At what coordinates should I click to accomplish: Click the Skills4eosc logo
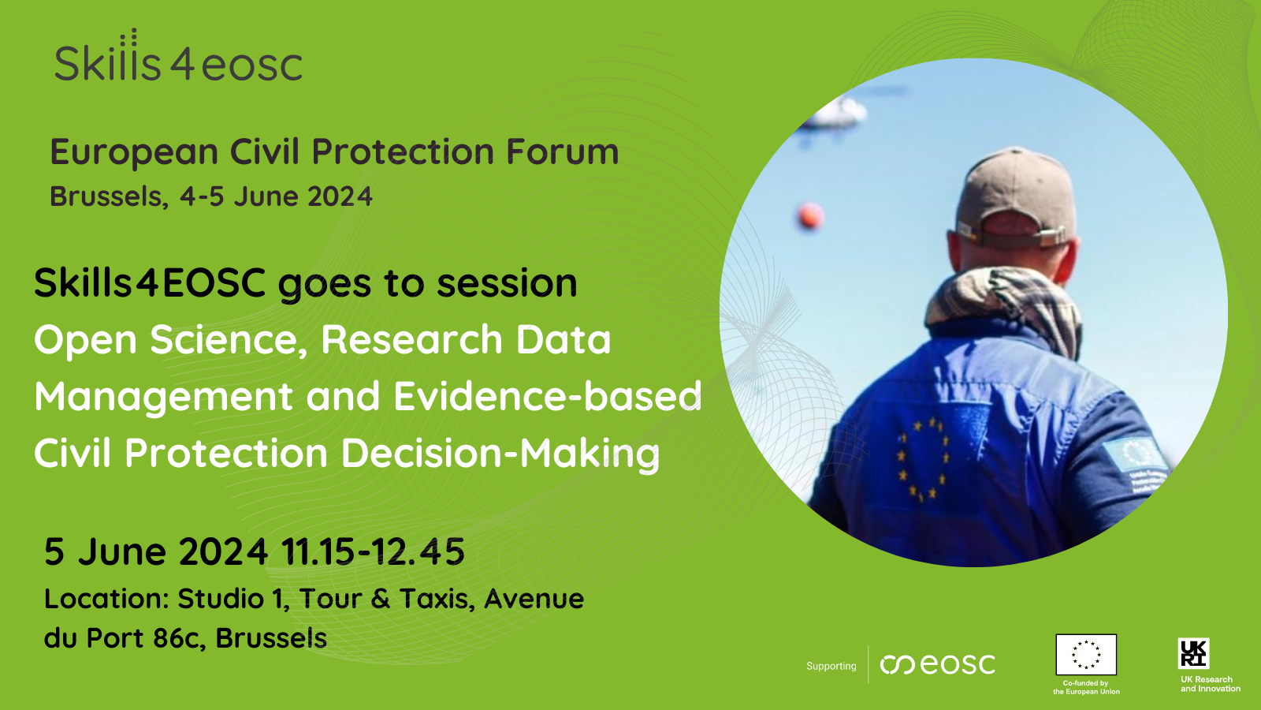tap(178, 55)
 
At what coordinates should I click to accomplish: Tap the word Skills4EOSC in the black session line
tap(150, 282)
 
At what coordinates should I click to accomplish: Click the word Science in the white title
tap(229, 340)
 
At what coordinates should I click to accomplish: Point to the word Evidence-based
tap(548, 395)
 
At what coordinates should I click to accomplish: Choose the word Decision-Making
tap(500, 453)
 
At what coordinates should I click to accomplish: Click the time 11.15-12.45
tap(373, 551)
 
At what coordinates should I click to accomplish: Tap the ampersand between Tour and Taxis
tap(381, 599)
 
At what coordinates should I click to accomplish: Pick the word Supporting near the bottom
tap(831, 666)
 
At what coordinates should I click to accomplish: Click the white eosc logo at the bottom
tap(938, 664)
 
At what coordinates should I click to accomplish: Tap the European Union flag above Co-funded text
tap(1086, 654)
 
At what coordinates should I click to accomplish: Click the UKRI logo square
tap(1193, 653)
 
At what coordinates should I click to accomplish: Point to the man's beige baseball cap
tap(1016, 197)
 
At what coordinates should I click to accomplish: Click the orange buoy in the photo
tap(810, 216)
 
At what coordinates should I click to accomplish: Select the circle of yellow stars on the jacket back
tap(923, 459)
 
